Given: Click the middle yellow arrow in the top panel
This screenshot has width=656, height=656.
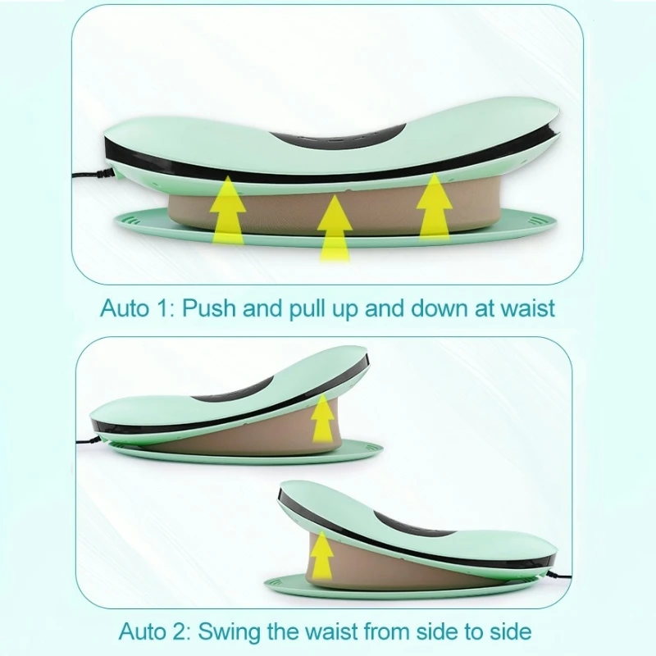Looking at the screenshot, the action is [x=335, y=228].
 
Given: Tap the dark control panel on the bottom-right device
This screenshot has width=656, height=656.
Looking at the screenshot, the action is [x=413, y=525].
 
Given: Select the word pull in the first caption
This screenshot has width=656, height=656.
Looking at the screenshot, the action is [x=309, y=308].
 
